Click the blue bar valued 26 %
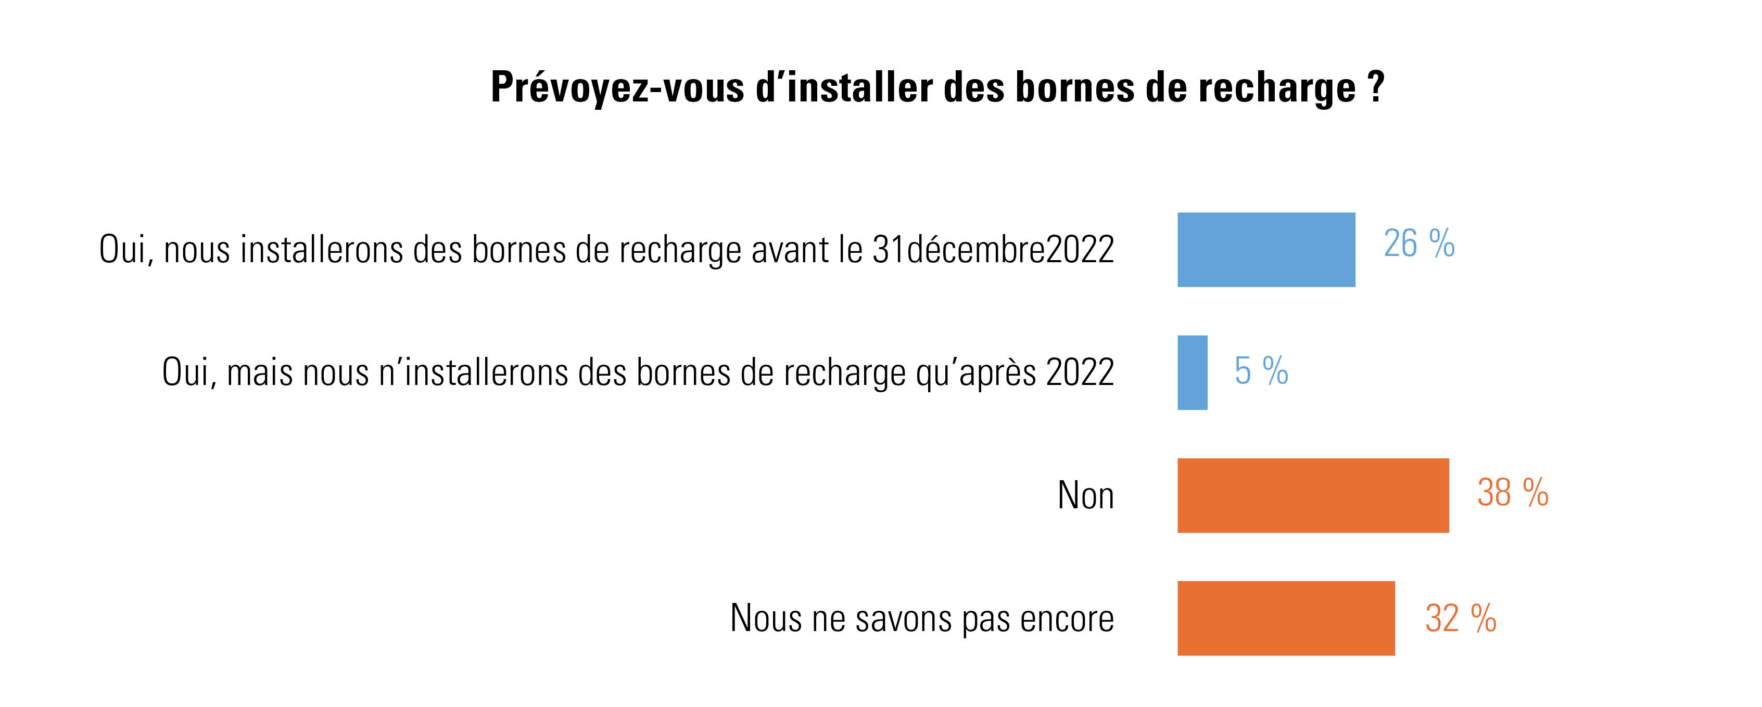pos(1265,250)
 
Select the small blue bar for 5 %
pos(1192,372)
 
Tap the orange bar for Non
pos(1313,496)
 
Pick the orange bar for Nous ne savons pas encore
pos(1286,618)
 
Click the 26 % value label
pos(1418,243)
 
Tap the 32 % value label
pos(1461,618)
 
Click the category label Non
pos(1085,496)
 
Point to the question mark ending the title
pos(1376,87)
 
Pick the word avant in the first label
pos(790,250)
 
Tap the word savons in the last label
pos(904,619)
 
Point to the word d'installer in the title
pos(843,87)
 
